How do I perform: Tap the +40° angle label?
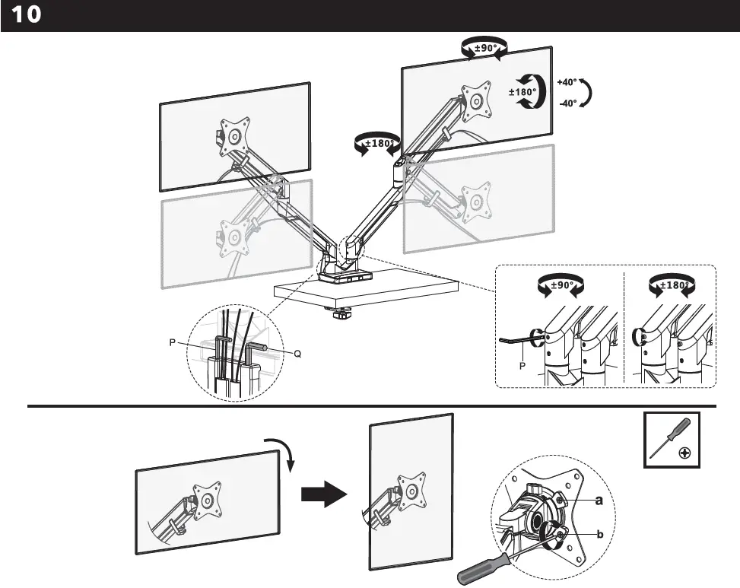pos(567,82)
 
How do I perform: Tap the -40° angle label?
pos(567,103)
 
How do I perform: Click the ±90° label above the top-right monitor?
pos(485,47)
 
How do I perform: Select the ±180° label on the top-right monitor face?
pos(522,92)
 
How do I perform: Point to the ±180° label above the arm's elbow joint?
pos(378,142)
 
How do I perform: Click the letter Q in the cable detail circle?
pos(297,353)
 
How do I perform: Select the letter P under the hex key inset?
pos(522,366)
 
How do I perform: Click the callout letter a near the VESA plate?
pos(599,501)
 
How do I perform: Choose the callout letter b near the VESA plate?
pos(600,535)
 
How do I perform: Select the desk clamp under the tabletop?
pos(341,313)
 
